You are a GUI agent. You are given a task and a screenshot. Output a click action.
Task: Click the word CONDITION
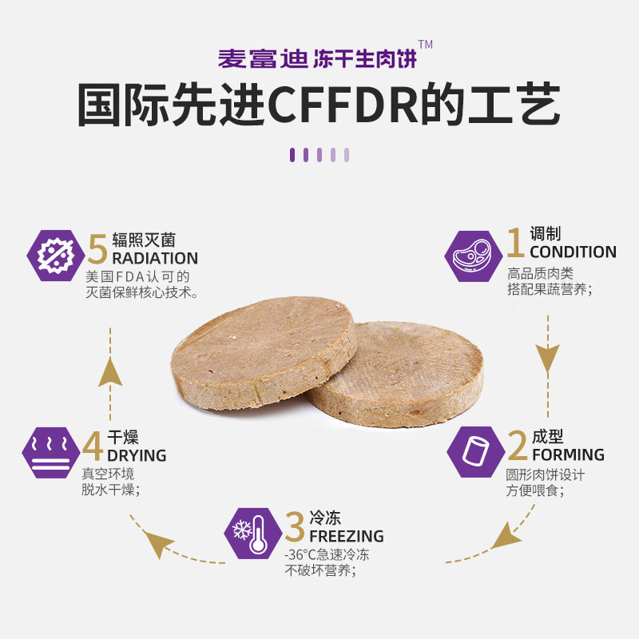coord(573,252)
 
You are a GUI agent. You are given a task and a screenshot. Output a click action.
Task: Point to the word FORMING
coord(568,454)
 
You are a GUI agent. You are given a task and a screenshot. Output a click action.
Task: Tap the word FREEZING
coord(346,536)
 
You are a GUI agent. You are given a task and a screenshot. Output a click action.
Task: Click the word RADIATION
coord(155,258)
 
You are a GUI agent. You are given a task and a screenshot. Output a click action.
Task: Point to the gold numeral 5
coord(97,250)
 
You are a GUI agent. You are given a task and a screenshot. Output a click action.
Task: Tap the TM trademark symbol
coord(425,45)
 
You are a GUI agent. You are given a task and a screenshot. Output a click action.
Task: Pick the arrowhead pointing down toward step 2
coord(547,363)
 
